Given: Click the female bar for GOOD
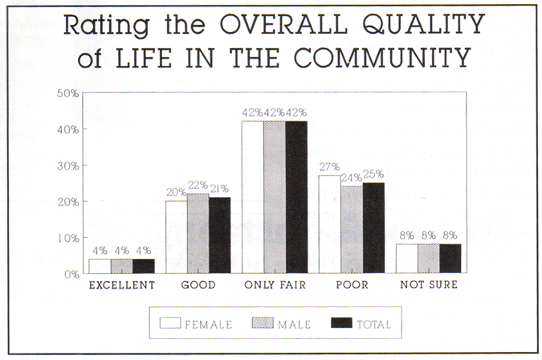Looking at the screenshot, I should (176, 237).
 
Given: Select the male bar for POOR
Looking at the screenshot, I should (351, 230).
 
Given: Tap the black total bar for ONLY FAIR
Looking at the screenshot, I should (296, 197).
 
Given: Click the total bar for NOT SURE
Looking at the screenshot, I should (450, 259).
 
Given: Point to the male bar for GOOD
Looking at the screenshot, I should (198, 234).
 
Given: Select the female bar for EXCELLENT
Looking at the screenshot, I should (100, 266).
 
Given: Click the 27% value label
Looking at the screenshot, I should (329, 167).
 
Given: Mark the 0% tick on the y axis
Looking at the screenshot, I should (69, 274).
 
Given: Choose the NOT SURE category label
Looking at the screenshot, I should (429, 286).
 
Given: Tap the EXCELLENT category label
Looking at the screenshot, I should (121, 286).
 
